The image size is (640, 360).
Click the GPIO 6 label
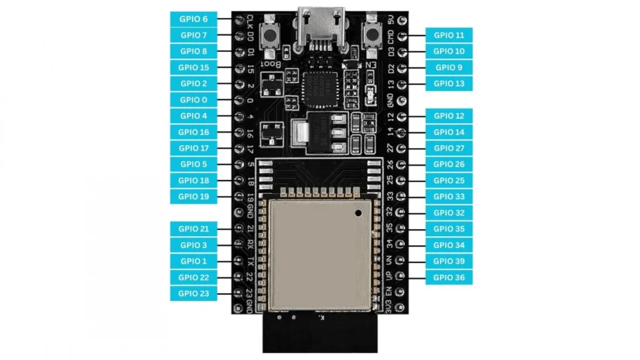[193, 19]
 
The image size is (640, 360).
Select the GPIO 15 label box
[193, 67]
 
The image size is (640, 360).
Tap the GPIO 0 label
[193, 100]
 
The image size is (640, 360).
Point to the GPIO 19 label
[193, 196]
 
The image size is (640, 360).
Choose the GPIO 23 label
[193, 293]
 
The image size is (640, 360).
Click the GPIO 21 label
[193, 229]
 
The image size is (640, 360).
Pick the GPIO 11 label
[449, 35]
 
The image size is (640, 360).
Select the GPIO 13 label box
[449, 84]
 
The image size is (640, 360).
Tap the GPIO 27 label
[449, 148]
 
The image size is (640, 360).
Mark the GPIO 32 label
[449, 212]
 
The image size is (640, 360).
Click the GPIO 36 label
[449, 277]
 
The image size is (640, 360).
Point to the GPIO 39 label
[449, 261]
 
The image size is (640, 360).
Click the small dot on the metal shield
[359, 214]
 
